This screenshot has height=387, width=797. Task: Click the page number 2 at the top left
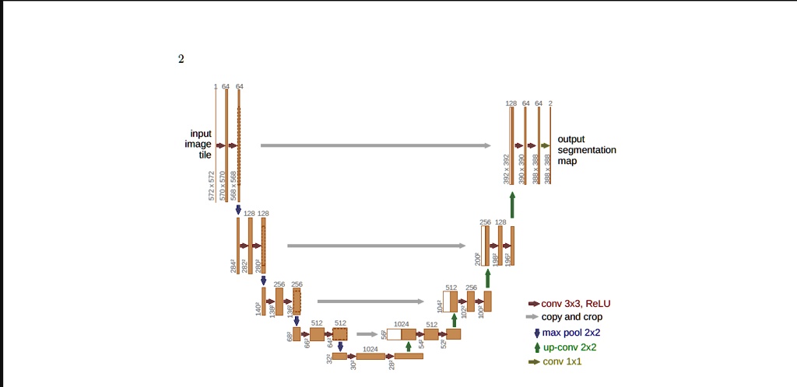coord(181,59)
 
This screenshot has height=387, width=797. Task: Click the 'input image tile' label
coord(198,145)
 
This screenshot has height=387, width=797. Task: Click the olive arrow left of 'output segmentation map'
coord(545,145)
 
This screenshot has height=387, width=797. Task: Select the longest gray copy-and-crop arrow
coord(376,145)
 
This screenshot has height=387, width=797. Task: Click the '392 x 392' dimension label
coord(506,169)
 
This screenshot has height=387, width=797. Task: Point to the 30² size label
coord(353,364)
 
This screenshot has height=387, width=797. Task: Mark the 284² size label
coord(233,266)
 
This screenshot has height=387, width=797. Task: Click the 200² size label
coord(478,259)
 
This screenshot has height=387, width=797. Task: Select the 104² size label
coord(440,306)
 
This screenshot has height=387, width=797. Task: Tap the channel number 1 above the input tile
coord(216,86)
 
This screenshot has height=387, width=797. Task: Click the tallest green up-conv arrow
coord(512,204)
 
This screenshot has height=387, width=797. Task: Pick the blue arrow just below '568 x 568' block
coord(238,210)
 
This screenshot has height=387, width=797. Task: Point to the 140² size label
coord(258,309)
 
